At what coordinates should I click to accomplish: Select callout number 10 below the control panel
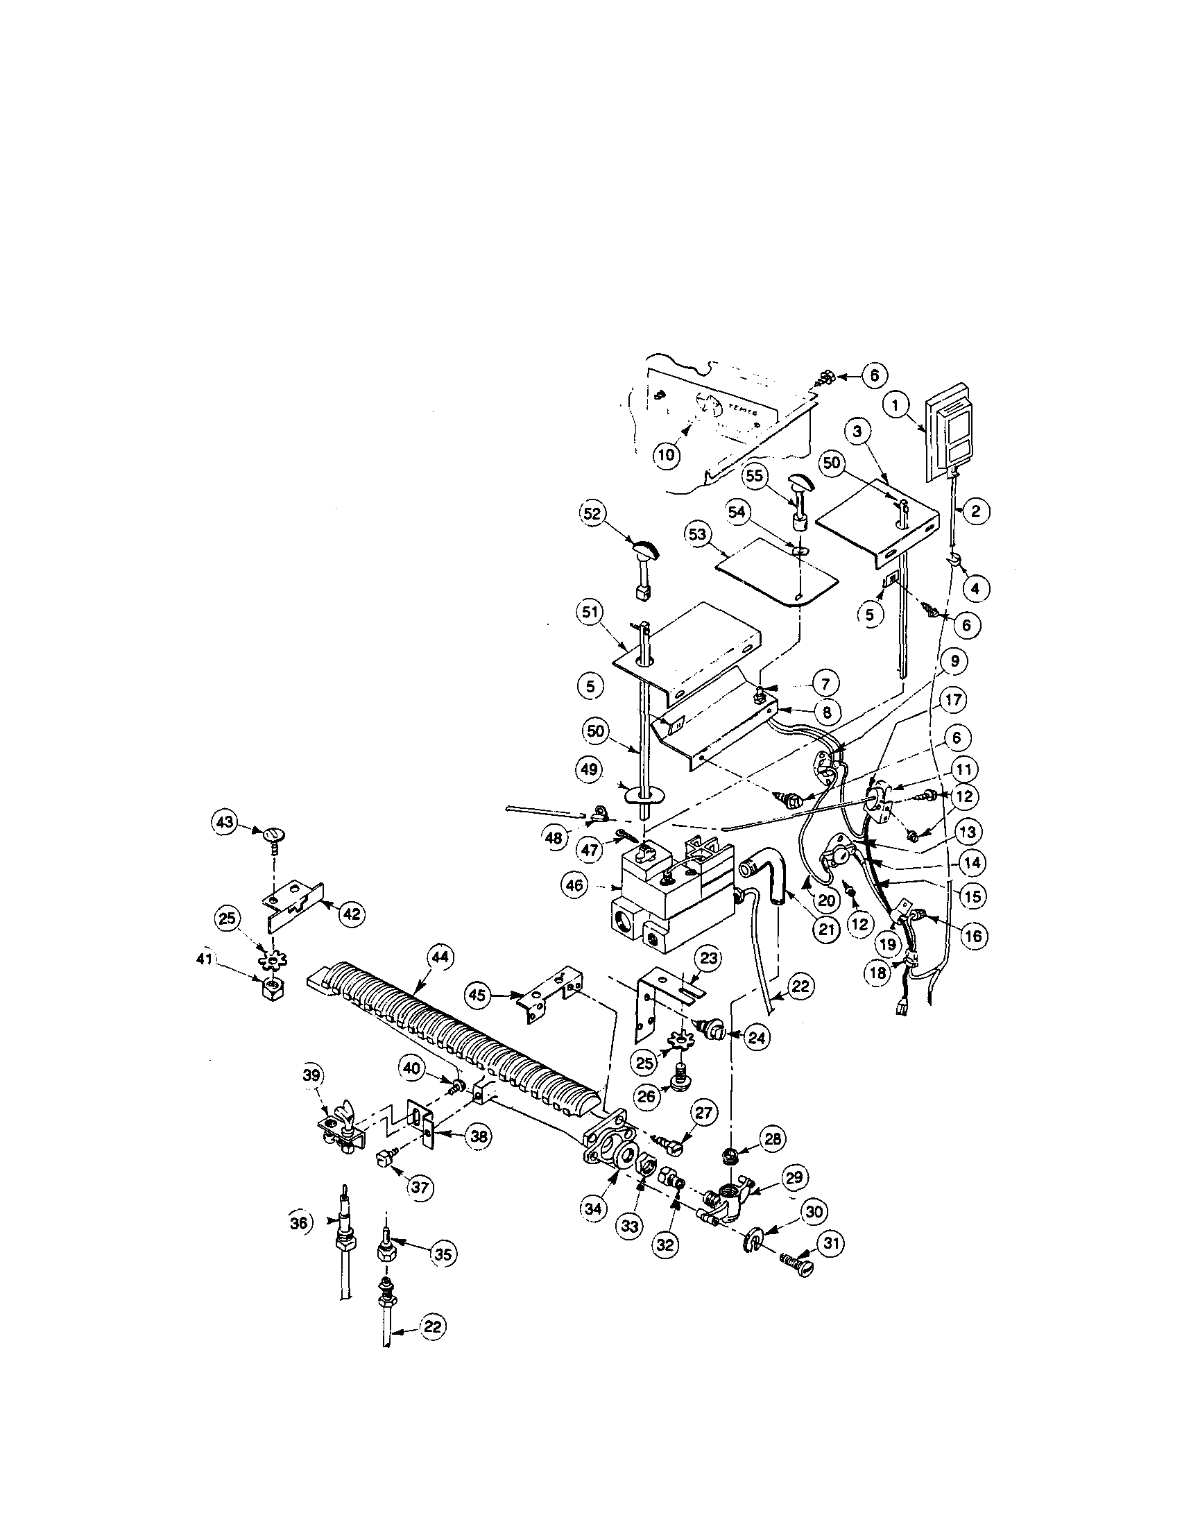[x=666, y=454]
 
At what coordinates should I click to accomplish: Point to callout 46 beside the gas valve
[x=575, y=885]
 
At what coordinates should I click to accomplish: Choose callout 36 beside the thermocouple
[x=300, y=1223]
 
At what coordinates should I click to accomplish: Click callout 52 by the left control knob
[x=593, y=514]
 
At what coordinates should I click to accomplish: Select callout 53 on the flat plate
[x=696, y=536]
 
